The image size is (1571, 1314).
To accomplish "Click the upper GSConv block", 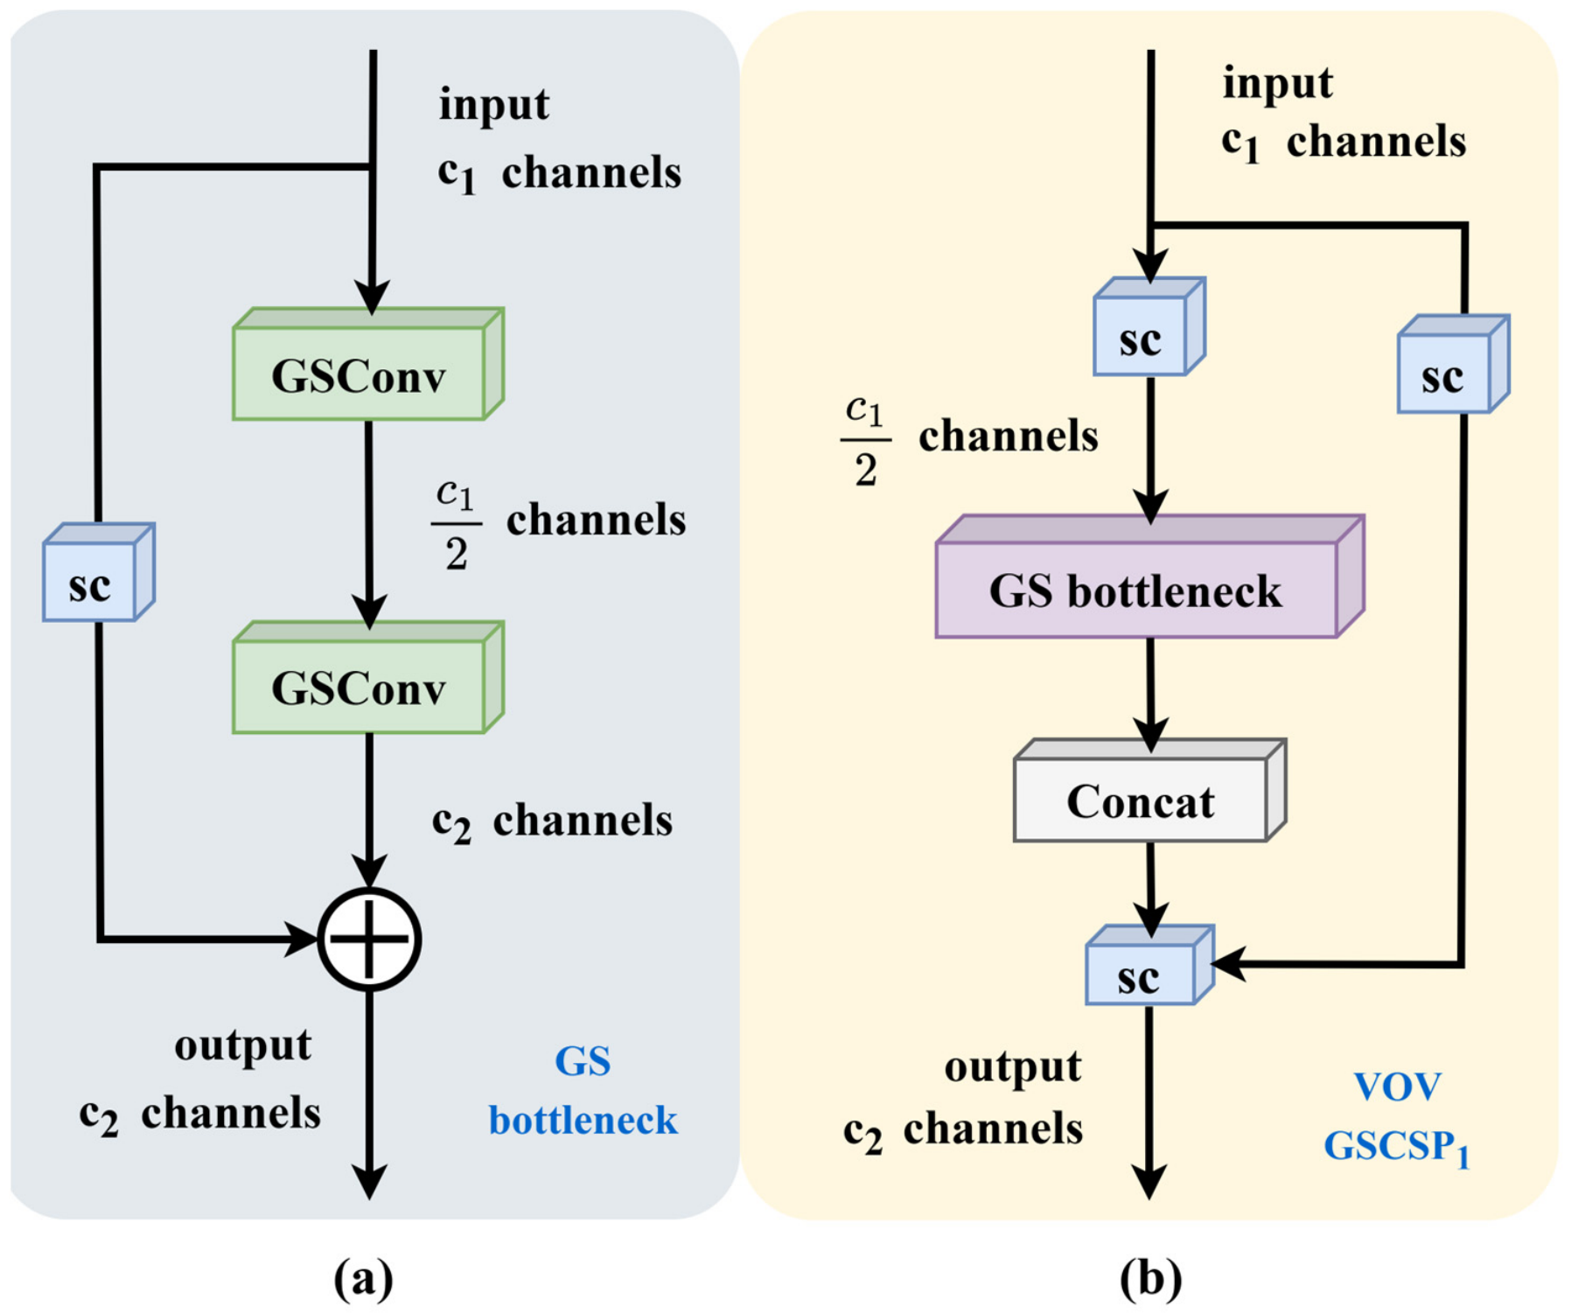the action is (368, 364).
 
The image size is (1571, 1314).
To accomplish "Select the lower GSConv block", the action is (368, 677).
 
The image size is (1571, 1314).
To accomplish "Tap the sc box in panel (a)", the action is (99, 572).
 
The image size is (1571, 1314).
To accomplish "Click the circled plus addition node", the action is (369, 940).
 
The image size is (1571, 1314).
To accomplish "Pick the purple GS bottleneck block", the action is (1149, 577).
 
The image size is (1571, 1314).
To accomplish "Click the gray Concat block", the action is (1149, 791).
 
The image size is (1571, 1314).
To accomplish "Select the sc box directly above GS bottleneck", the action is (1149, 326).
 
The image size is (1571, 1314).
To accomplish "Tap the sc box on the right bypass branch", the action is (1454, 364).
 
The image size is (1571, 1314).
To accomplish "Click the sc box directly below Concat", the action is (1149, 965).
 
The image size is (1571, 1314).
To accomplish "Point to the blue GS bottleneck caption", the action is (583, 1091).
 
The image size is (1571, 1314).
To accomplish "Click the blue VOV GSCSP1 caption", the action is (1397, 1118).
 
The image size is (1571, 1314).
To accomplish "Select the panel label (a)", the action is (364, 1278).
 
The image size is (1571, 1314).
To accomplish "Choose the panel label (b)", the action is (1150, 1278).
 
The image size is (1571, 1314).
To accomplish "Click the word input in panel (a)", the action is (494, 106).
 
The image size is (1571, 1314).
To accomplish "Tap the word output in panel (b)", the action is (1013, 1068).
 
